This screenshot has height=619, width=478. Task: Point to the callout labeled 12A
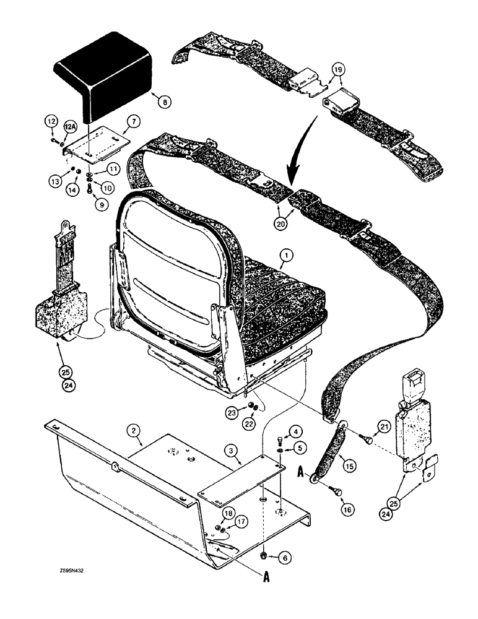[71, 129]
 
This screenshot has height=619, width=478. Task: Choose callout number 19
[335, 71]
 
